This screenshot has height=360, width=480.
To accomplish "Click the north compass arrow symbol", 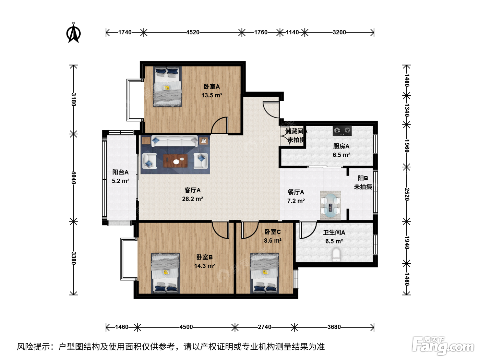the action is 73,33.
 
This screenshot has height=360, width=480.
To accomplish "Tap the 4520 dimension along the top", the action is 193,32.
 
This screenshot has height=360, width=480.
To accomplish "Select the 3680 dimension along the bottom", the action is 334,327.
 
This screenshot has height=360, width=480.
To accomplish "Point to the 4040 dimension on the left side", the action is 74,178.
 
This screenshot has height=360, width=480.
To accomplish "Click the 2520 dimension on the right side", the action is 407,194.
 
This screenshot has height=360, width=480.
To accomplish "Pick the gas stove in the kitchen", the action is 342,131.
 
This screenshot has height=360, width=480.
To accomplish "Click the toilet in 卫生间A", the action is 336,255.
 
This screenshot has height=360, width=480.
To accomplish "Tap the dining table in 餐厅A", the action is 331,205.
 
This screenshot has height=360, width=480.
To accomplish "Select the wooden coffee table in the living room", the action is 176,161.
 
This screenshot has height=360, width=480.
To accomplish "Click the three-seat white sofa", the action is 174,141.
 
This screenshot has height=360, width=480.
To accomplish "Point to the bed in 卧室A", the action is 167,86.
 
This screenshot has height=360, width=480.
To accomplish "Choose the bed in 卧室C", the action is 265,273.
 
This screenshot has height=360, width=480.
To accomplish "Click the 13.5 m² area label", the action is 212,95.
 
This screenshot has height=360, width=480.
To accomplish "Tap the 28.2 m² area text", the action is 192,199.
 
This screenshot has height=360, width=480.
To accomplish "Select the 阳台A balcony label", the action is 120,172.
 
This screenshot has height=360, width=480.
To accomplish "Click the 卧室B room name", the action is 204,257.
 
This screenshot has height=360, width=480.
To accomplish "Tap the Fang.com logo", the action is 443,346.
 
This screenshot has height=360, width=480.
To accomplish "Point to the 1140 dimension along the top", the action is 292,32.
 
